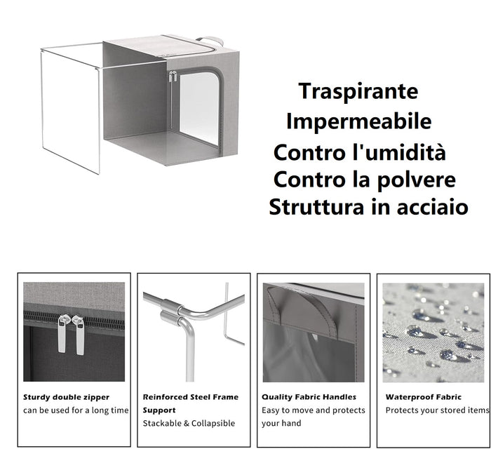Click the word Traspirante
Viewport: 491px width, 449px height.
[358, 91]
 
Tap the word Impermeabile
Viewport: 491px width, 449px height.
[358, 121]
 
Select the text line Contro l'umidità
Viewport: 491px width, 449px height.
[359, 152]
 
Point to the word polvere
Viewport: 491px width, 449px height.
[417, 180]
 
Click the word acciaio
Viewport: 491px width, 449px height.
[429, 208]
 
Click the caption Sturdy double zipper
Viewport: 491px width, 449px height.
[66, 397]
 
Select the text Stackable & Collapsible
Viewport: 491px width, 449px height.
[189, 423]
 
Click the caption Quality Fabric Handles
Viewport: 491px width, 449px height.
[309, 397]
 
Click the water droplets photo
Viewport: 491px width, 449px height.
[433, 332]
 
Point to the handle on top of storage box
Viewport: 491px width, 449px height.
[209, 40]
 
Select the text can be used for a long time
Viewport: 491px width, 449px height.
[76, 410]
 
